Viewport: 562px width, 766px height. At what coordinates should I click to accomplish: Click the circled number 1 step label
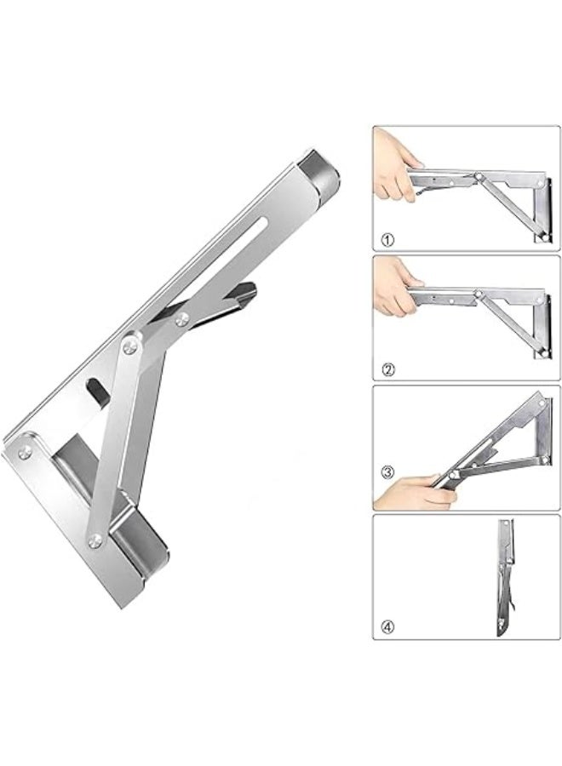(388, 240)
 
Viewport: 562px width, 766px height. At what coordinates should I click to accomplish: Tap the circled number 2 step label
(388, 369)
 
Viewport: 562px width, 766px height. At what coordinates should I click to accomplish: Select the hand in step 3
(414, 493)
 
